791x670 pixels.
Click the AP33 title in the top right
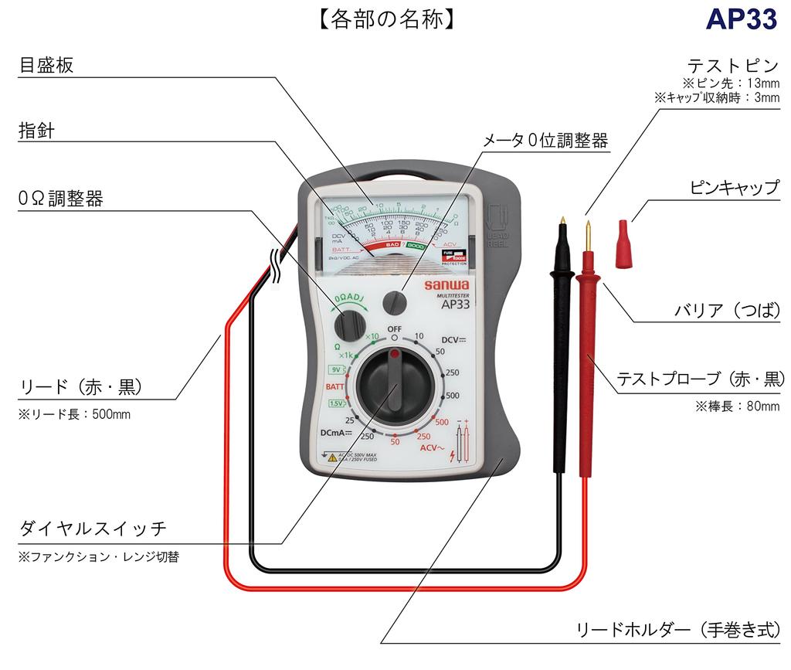coord(740,20)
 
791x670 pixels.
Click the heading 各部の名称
coord(385,19)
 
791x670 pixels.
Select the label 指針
coord(36,131)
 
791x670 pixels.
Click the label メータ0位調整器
coord(545,141)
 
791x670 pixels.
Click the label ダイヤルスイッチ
coord(93,529)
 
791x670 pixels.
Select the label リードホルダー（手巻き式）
coord(678,629)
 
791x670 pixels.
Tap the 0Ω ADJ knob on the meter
coord(353,322)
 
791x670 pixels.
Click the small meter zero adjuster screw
coord(397,301)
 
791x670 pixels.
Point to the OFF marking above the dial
coord(395,329)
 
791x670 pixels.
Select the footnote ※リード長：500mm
coord(74,414)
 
